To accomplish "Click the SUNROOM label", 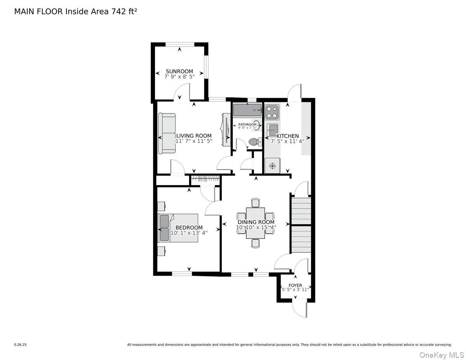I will (x=179, y=71).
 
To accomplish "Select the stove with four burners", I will (x=271, y=112).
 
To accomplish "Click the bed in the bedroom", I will (x=179, y=228).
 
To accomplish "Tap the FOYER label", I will (x=295, y=285).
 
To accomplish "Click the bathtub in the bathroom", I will (x=247, y=110).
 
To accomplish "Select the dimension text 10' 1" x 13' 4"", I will (x=189, y=233).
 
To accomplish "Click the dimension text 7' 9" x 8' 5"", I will (x=179, y=77).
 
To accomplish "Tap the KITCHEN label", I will (x=287, y=136).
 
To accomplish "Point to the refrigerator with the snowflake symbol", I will (x=272, y=166).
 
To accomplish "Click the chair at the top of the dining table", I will (x=255, y=202).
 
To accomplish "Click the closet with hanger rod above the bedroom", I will (x=205, y=179).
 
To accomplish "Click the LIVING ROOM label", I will (x=194, y=136).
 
